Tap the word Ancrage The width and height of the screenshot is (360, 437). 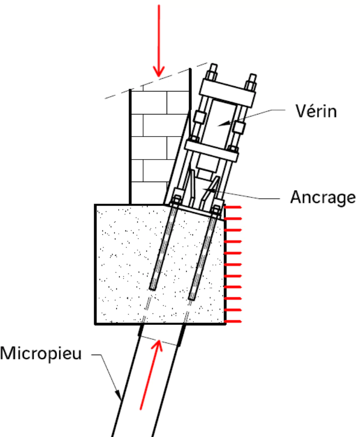pos(323,197)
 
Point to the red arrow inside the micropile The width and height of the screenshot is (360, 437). pos(151,376)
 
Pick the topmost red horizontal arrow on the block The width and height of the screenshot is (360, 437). pos(233,207)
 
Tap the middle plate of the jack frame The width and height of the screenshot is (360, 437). pos(212,148)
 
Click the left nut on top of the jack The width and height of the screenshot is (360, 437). pos(212,75)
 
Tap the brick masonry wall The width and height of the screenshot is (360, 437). pos(151,144)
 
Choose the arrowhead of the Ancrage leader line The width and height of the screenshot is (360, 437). pos(206,192)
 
